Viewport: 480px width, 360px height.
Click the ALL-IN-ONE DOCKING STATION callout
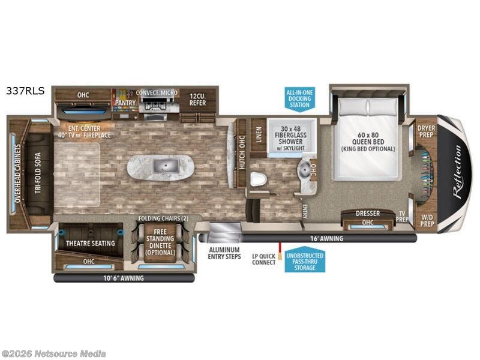click(x=299, y=98)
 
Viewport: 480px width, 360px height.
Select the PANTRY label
click(x=125, y=103)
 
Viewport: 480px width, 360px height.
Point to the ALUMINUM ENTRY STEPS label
click(x=224, y=253)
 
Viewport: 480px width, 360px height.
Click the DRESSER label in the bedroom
click(x=368, y=214)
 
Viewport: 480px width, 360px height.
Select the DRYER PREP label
click(x=426, y=131)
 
